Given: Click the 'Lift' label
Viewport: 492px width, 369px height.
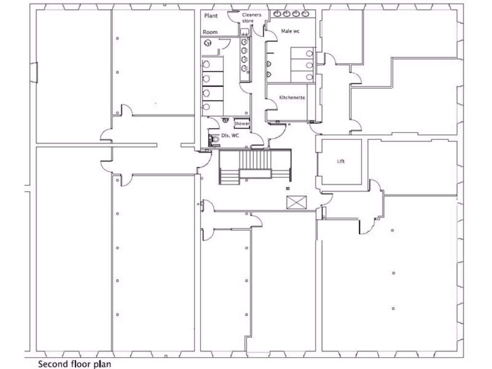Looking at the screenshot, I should click(341, 162).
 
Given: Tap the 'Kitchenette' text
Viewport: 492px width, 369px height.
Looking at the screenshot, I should click(292, 98).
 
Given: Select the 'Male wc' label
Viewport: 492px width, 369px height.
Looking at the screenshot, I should click(291, 31).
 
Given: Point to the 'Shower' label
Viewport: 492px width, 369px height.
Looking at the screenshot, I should click(241, 123).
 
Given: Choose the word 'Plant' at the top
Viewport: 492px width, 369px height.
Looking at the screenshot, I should click(211, 16).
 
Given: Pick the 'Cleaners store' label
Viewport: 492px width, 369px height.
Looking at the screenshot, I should click(251, 18).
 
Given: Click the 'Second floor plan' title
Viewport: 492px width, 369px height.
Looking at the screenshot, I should click(74, 364).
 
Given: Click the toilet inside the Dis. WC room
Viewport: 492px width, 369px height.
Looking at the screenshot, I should click(214, 139).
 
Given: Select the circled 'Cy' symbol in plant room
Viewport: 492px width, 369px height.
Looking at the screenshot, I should click(208, 43).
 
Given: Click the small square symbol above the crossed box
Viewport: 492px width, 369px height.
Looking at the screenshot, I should click(288, 188).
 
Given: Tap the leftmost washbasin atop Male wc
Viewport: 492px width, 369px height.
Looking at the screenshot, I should click(278, 13).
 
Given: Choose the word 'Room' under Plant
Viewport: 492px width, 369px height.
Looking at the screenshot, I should click(210, 32).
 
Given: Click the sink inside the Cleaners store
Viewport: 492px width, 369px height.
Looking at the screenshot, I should click(244, 32).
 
